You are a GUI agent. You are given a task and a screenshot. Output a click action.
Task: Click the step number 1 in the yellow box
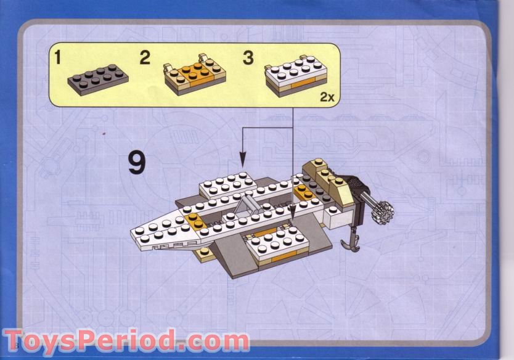point(58,59)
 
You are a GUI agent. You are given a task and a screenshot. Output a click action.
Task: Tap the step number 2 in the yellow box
point(145,59)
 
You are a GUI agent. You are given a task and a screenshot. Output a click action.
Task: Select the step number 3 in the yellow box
point(248,59)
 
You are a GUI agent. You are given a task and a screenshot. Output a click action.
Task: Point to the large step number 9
point(137,163)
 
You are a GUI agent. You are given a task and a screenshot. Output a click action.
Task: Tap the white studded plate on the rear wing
point(227,182)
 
